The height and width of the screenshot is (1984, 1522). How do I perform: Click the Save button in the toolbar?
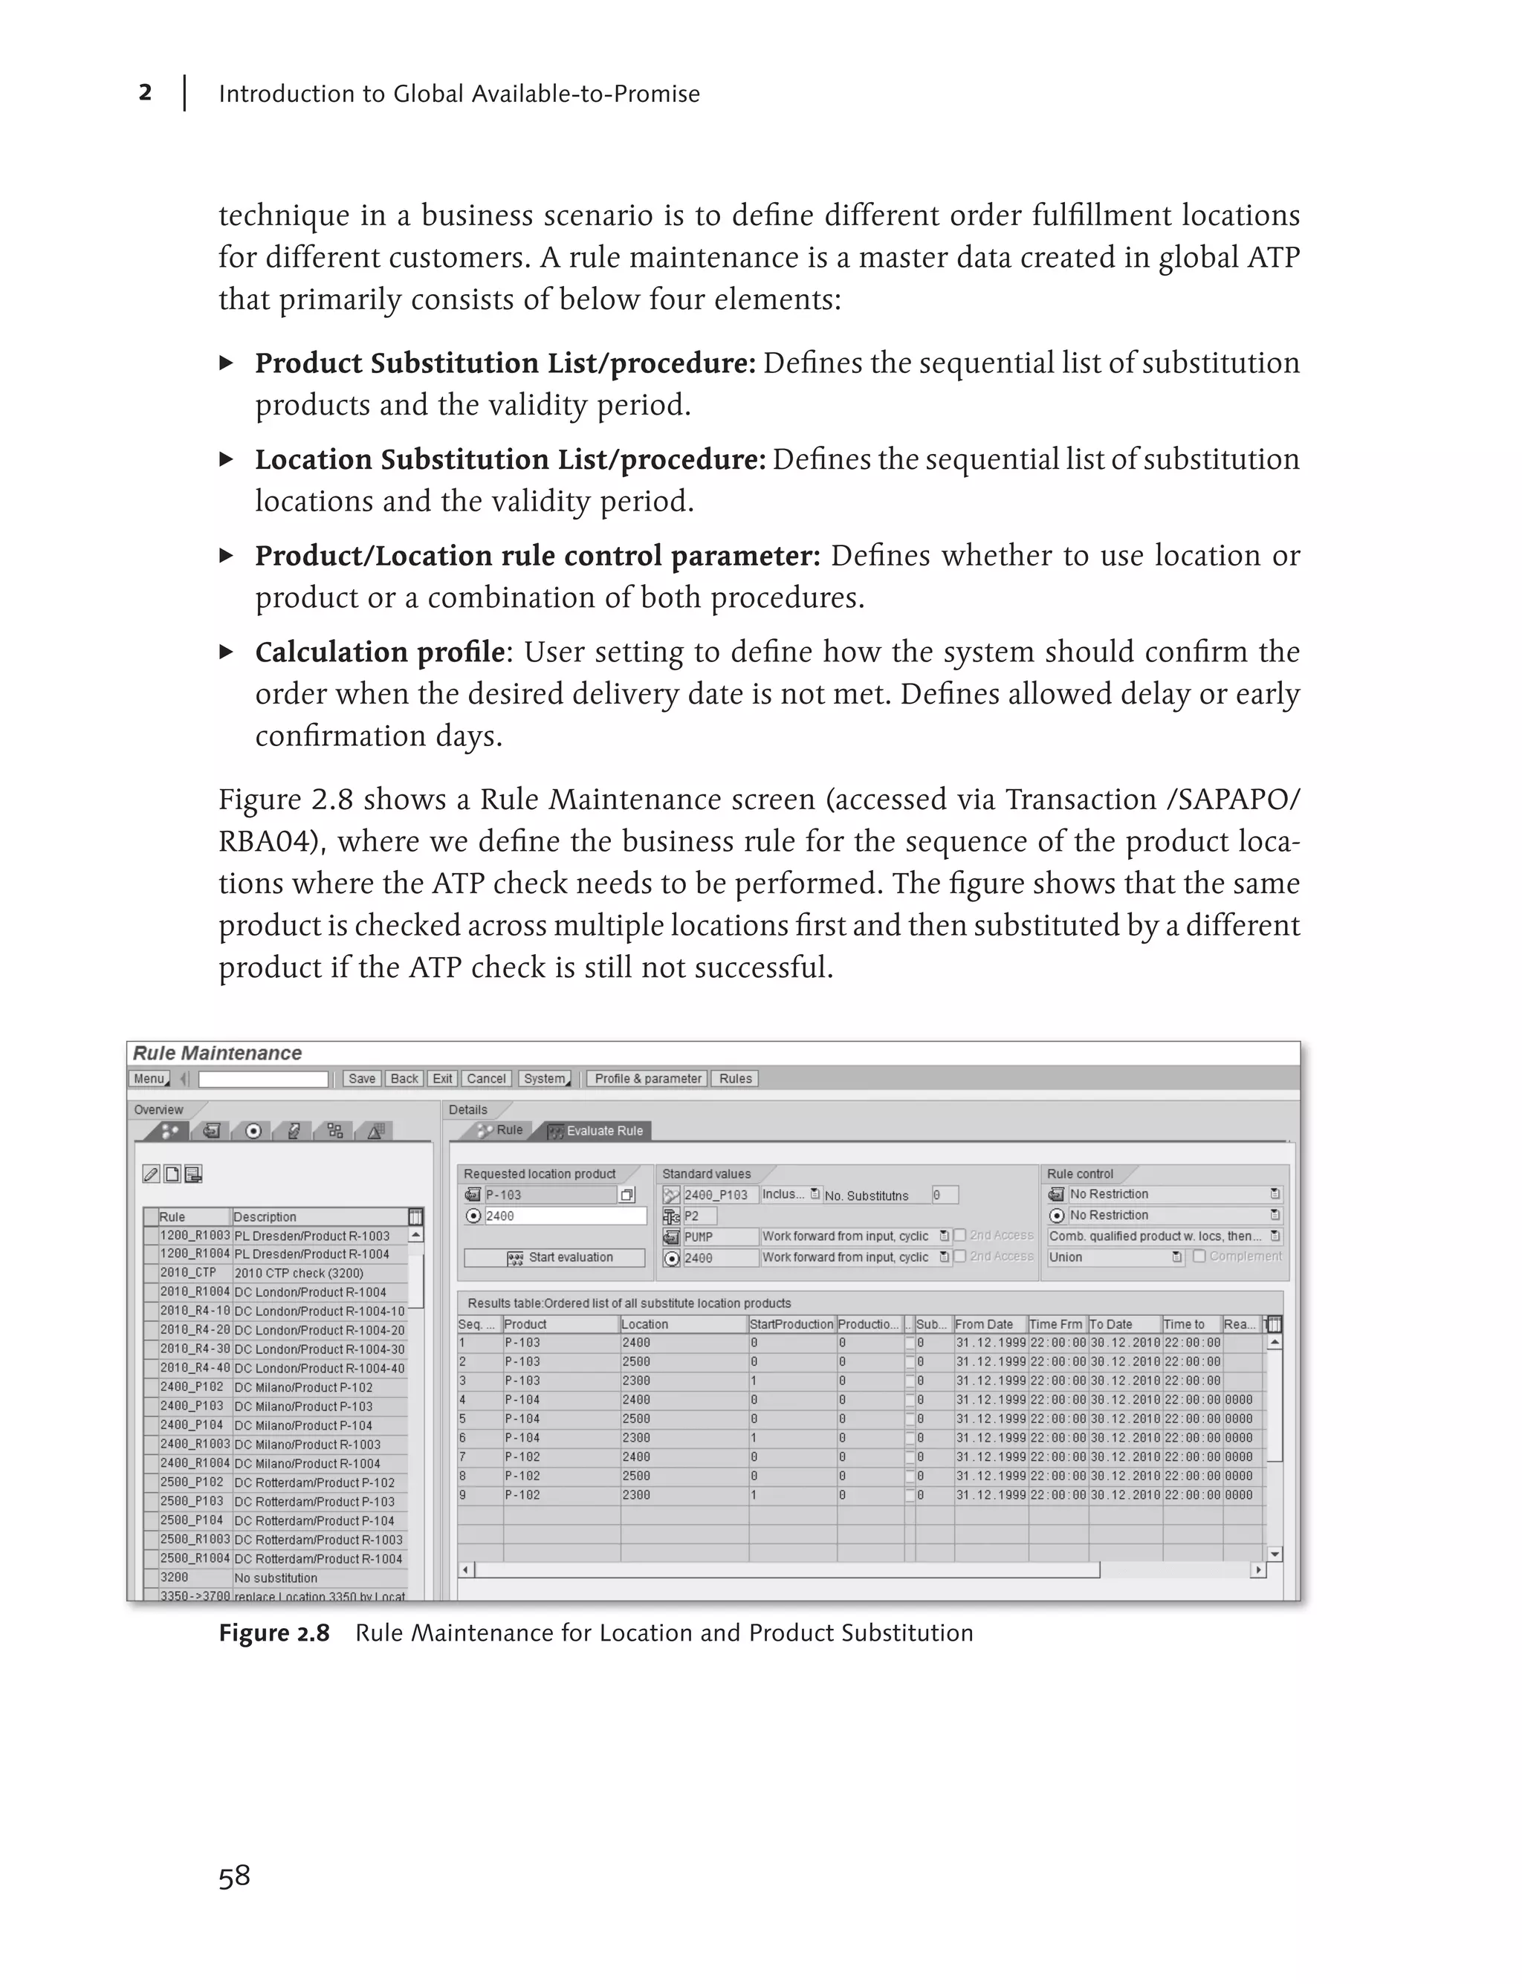[x=361, y=1078]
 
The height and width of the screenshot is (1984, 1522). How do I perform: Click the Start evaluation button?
[x=554, y=1257]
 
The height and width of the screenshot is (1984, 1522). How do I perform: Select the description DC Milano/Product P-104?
[x=302, y=1425]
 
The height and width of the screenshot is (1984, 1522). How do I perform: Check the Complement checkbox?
[x=1199, y=1257]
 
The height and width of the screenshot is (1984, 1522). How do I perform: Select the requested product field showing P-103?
[x=549, y=1195]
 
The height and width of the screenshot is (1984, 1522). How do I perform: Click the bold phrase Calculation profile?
[x=380, y=652]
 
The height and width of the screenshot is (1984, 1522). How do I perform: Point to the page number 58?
[x=234, y=1876]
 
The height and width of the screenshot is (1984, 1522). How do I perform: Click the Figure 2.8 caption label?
[x=273, y=1633]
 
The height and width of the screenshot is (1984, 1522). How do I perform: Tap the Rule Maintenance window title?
[x=218, y=1053]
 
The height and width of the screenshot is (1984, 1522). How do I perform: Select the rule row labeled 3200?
[x=174, y=1578]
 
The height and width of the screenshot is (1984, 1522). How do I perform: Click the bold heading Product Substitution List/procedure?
[x=505, y=363]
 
